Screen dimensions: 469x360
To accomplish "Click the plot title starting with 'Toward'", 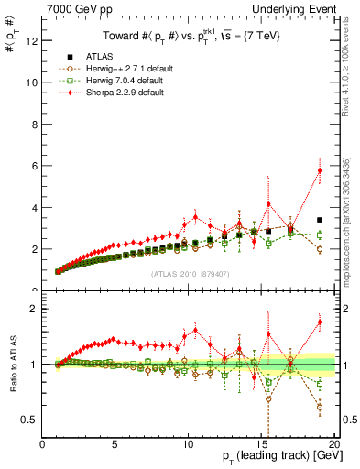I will [188, 34].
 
